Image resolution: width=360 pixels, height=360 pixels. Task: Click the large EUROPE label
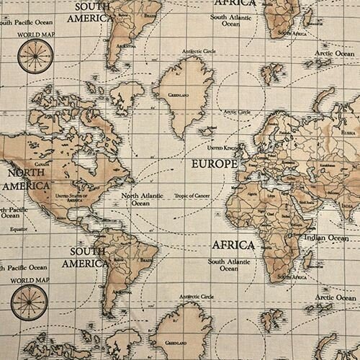tap(213, 164)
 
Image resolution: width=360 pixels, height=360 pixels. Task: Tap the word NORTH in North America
tap(24, 174)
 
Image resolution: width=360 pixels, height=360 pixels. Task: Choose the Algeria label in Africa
tap(251, 194)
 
